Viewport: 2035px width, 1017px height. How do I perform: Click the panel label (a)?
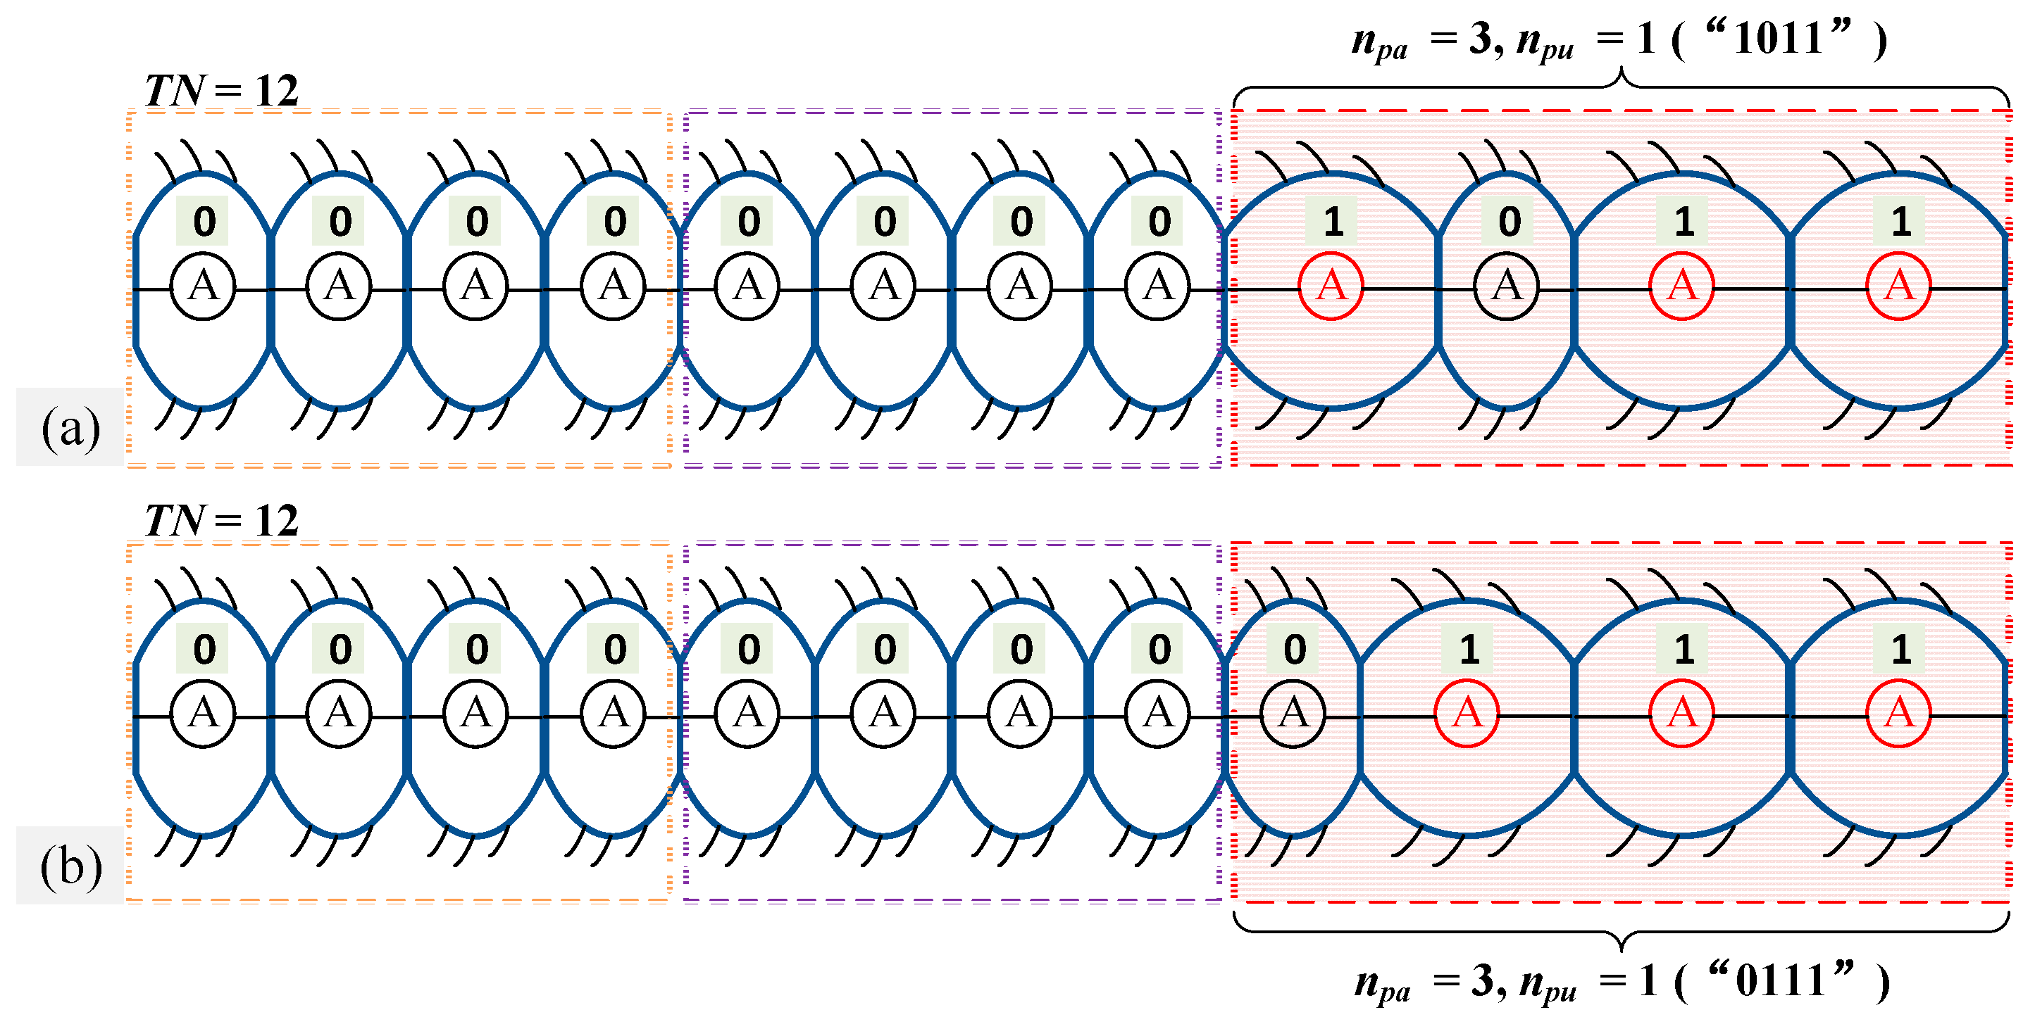point(70,429)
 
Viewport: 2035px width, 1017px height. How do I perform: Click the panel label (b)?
point(70,866)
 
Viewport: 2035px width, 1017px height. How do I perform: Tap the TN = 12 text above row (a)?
point(222,91)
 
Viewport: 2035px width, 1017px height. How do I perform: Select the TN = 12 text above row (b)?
point(222,521)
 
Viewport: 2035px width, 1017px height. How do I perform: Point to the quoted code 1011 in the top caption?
point(1779,38)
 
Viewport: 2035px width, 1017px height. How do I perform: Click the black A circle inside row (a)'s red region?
point(1507,286)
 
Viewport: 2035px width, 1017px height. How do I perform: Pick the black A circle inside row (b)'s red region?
point(1293,714)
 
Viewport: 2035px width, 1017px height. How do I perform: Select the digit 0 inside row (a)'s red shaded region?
point(1509,222)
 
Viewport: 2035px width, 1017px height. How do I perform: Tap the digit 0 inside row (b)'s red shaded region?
point(1295,650)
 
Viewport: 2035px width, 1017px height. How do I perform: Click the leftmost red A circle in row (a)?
point(1331,286)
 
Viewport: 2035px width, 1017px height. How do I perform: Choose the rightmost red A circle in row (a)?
point(1898,286)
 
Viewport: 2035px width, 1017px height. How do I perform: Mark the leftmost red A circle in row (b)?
point(1467,714)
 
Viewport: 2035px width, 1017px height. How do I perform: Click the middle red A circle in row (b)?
point(1682,714)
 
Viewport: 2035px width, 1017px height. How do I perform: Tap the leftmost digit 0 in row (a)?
point(204,222)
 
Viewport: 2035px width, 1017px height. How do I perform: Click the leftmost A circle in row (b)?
point(203,714)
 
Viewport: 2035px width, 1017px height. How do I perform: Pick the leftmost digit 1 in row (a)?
point(1333,222)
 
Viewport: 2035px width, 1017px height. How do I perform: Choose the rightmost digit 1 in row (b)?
point(1900,650)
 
